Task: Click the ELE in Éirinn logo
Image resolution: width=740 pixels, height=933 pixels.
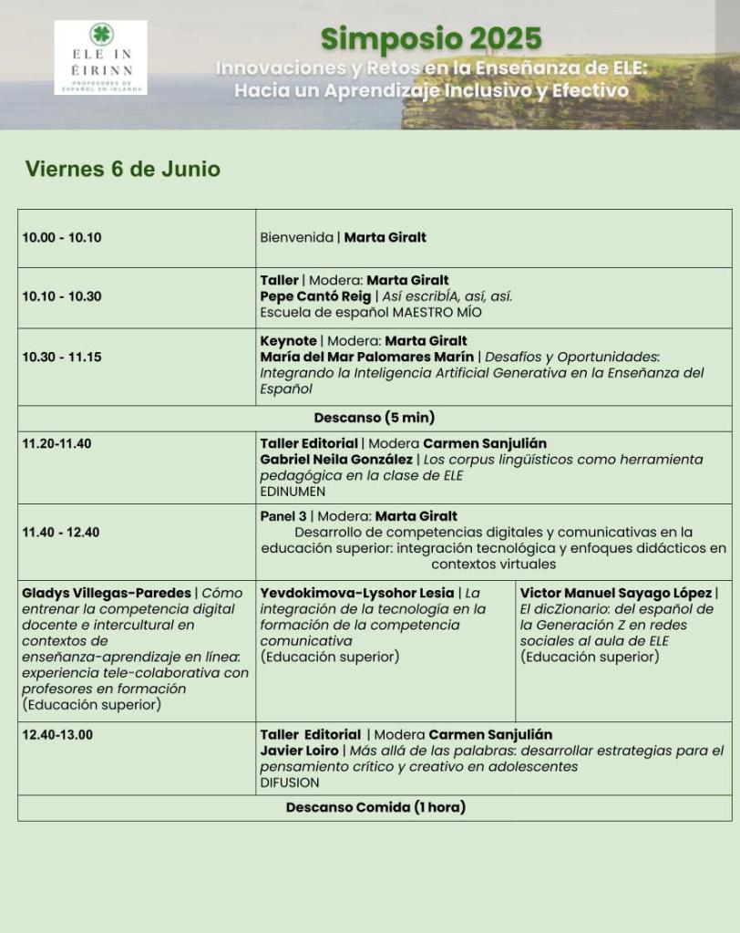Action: click(100, 57)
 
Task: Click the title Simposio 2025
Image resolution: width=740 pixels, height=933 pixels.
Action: click(430, 39)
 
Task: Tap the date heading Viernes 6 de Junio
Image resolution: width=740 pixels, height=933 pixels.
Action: click(122, 170)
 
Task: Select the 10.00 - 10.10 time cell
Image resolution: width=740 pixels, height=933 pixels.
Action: click(62, 238)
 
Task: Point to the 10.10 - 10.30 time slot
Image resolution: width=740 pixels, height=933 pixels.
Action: click(62, 296)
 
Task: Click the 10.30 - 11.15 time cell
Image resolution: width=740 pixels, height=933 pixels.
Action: click(62, 357)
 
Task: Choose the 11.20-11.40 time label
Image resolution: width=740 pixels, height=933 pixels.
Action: click(57, 444)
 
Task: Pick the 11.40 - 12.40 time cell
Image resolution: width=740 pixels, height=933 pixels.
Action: click(62, 533)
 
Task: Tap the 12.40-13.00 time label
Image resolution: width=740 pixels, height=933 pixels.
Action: click(57, 734)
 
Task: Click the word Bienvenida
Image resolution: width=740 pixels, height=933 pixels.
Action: click(296, 238)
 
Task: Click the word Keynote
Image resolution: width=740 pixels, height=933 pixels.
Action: click(288, 341)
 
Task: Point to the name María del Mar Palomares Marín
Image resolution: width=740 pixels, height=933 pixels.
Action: click(367, 357)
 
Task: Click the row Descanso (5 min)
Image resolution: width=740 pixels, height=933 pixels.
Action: click(375, 418)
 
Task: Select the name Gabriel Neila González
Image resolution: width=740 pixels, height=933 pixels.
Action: click(336, 460)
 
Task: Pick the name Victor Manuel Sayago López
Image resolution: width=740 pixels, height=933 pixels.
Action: click(616, 593)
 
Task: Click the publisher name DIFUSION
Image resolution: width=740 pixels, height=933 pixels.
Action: click(290, 783)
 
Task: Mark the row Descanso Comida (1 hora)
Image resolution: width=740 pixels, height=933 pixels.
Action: click(375, 807)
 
